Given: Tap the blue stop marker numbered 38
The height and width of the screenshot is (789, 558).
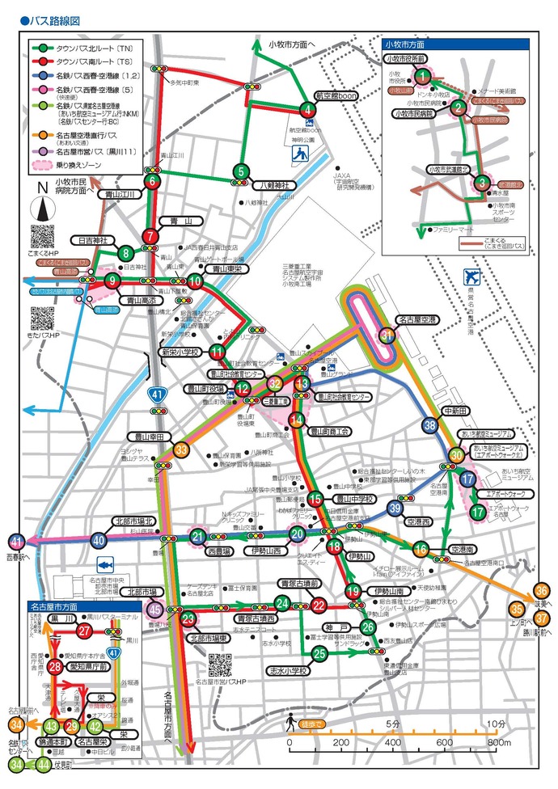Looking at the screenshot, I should [429, 425].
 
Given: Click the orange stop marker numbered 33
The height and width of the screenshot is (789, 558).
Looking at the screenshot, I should [181, 449].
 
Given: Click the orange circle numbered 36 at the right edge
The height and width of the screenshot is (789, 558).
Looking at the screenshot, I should [541, 591].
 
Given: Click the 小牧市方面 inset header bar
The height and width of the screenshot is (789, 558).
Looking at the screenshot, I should [455, 44].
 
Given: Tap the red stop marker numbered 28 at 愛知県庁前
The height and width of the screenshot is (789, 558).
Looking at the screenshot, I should [55, 666].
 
